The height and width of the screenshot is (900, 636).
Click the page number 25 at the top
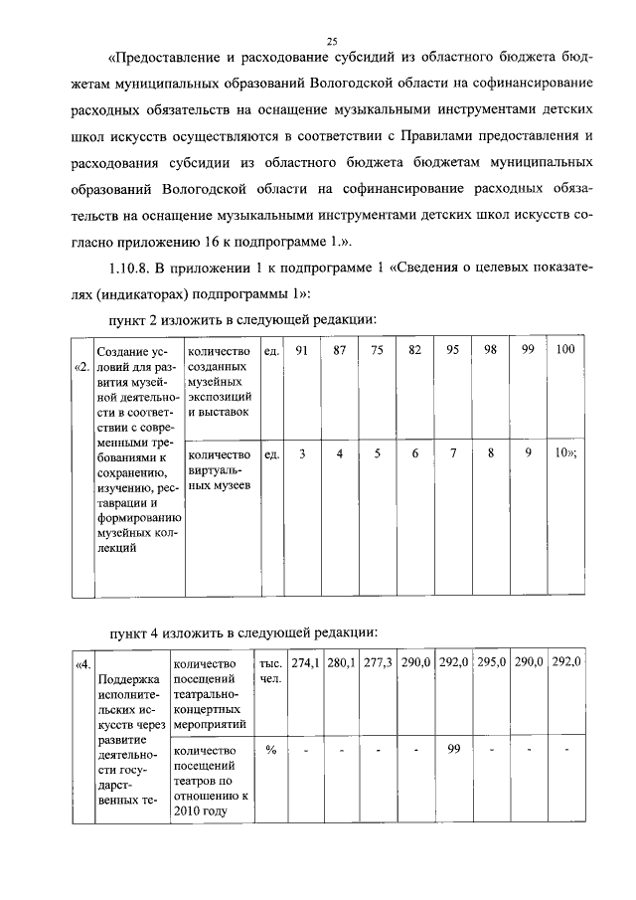coord(333,41)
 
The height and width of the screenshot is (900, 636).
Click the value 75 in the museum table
coord(377,351)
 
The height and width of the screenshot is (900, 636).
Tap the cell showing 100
coord(565,351)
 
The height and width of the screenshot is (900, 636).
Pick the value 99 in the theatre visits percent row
coord(453,749)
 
